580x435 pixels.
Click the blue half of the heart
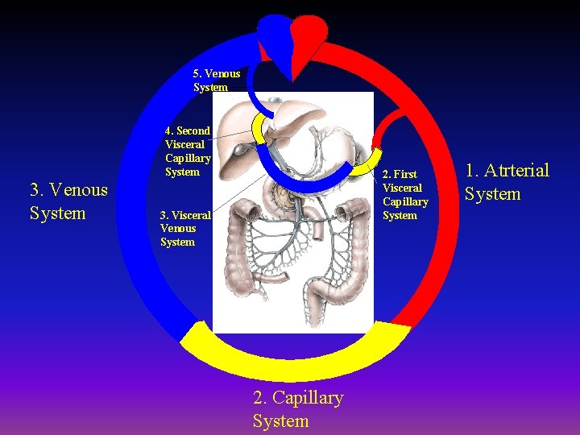click(274, 36)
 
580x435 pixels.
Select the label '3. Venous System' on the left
click(68, 201)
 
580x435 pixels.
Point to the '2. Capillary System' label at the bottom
click(297, 408)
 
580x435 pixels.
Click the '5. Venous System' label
click(216, 80)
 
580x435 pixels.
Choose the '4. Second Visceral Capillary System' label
click(188, 151)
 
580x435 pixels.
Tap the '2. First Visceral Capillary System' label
click(404, 194)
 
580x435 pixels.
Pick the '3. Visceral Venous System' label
click(184, 228)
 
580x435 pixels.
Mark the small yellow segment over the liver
click(259, 126)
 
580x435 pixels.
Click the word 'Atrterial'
click(516, 170)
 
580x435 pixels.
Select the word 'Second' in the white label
click(193, 130)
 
